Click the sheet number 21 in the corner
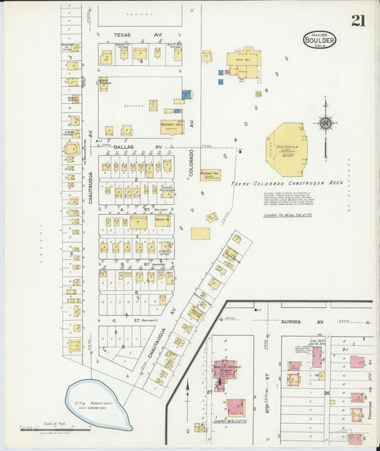click(x=357, y=21)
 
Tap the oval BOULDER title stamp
click(x=319, y=39)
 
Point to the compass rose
click(x=325, y=123)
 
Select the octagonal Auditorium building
click(x=287, y=149)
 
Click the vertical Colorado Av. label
click(x=192, y=162)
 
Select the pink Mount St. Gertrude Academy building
click(x=225, y=369)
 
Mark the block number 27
click(x=209, y=392)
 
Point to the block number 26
click(x=327, y=392)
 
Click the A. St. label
click(x=145, y=209)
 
